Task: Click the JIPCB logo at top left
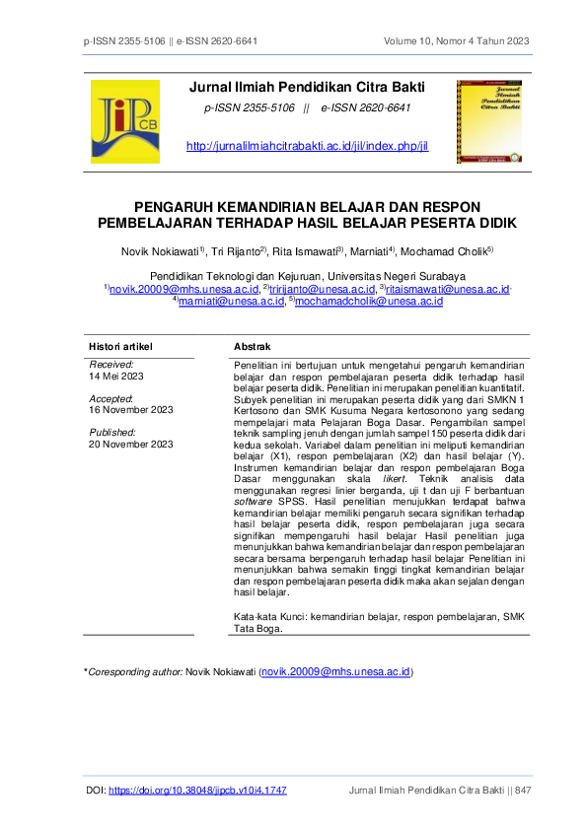pos(124,122)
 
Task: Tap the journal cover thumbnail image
pos(491,122)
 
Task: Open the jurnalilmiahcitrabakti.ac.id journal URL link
pos(307,147)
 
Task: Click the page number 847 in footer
pos(524,791)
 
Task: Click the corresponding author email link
pos(335,671)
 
